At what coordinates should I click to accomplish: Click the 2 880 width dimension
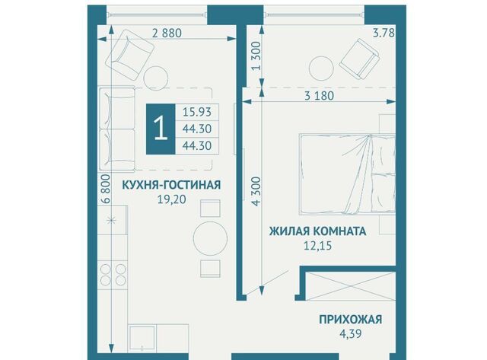(x=167, y=33)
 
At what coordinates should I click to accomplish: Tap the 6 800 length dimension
(x=106, y=189)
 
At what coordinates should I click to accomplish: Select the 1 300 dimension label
(x=257, y=56)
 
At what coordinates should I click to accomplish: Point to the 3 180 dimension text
(x=319, y=96)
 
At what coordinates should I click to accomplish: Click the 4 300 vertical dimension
(x=256, y=191)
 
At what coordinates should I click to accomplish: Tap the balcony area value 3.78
(x=384, y=33)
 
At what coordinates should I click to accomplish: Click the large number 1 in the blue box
(x=161, y=129)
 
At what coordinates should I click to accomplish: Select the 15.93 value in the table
(x=197, y=112)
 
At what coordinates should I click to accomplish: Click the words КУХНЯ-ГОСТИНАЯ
(x=171, y=185)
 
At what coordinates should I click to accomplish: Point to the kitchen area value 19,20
(x=171, y=199)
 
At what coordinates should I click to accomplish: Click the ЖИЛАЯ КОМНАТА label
(x=317, y=231)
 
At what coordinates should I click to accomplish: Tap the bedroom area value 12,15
(x=317, y=246)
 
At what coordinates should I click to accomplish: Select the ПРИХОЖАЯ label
(x=351, y=320)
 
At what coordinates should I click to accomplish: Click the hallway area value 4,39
(x=351, y=334)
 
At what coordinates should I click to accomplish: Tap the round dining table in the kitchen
(x=210, y=238)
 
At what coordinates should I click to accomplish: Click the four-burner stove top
(x=113, y=274)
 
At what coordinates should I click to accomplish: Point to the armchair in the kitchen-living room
(x=129, y=54)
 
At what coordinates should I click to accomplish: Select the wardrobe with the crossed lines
(x=350, y=286)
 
